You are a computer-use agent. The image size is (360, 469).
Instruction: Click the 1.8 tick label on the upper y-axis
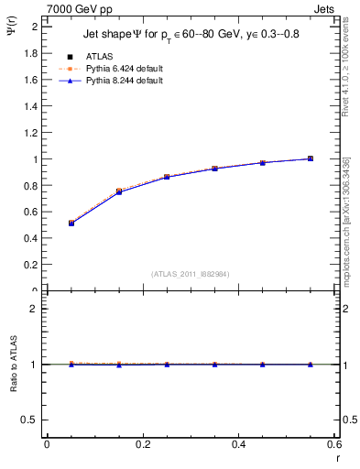pyautogui.click(x=30, y=53)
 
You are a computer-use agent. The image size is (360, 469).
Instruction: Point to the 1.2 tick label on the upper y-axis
pyautogui.click(x=30, y=133)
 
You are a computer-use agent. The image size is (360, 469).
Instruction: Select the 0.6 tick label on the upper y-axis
pyautogui.click(x=30, y=213)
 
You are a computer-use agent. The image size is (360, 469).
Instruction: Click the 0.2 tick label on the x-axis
pyautogui.click(x=142, y=444)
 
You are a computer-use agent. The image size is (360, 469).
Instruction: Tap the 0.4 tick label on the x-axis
pyautogui.click(x=238, y=444)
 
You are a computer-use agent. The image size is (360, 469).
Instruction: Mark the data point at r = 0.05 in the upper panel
pyautogui.click(x=71, y=223)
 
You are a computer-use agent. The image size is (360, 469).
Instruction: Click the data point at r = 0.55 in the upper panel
pyautogui.click(x=311, y=158)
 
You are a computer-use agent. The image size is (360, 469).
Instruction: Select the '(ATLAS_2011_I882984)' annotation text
pyautogui.click(x=191, y=273)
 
